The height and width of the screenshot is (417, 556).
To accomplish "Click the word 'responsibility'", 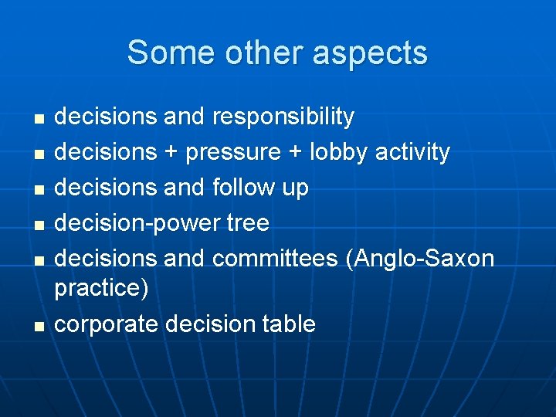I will (283, 117).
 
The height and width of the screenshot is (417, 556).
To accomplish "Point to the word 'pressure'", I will (233, 153).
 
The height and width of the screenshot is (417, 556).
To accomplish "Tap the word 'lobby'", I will (340, 152).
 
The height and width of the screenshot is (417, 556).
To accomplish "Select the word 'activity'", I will (412, 152).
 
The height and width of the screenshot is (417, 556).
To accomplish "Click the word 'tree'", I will (248, 223).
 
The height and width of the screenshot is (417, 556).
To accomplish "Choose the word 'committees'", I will (275, 258).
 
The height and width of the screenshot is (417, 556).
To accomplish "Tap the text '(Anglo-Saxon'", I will (420, 259).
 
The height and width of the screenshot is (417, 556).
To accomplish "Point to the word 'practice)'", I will (101, 289).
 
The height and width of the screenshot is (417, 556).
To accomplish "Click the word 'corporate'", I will (107, 324).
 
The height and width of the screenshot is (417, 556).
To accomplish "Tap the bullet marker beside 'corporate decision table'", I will (39, 326).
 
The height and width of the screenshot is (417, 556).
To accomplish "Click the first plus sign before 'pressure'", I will (171, 153).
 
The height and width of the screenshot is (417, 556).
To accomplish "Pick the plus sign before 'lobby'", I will (295, 153).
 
